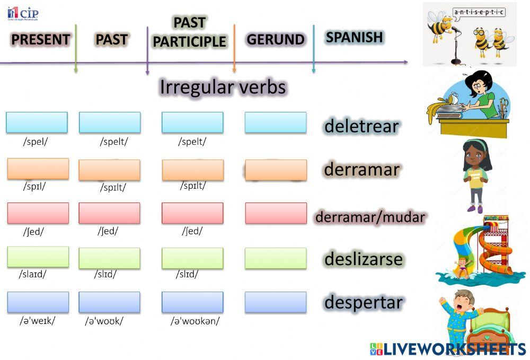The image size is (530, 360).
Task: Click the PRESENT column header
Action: click(x=40, y=40)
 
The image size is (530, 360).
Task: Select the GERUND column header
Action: click(x=275, y=40)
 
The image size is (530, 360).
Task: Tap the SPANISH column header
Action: click(x=354, y=37)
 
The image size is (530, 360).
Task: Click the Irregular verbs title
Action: click(x=223, y=87)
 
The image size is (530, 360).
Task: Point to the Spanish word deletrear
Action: click(x=361, y=126)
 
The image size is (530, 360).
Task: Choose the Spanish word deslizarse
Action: click(x=364, y=259)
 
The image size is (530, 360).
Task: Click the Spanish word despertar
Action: click(x=364, y=302)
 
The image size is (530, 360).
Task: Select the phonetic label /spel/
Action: click(x=36, y=142)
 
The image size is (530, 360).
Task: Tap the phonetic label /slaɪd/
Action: click(x=33, y=274)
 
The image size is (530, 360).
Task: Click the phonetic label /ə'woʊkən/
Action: click(x=195, y=321)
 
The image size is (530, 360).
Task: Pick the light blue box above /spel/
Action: click(x=37, y=122)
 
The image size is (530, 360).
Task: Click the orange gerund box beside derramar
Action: click(x=276, y=170)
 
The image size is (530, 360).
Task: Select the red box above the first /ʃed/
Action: click(x=38, y=213)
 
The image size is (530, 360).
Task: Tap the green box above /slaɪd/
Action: click(x=38, y=257)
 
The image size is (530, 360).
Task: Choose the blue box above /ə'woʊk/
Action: click(x=109, y=302)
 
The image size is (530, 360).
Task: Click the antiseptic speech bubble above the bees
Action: click(x=479, y=12)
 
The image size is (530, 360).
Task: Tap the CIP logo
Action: click(x=23, y=13)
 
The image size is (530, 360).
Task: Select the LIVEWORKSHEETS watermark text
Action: click(x=455, y=348)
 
